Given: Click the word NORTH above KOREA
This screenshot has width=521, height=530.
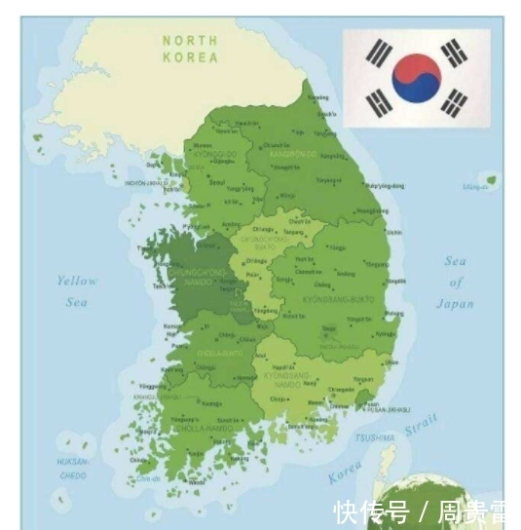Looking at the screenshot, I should (190, 40).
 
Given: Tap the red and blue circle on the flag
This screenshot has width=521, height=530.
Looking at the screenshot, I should (417, 78).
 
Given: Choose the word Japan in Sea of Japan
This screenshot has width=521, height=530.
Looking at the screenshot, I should (455, 304).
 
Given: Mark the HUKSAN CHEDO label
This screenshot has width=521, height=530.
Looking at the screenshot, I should (71, 469).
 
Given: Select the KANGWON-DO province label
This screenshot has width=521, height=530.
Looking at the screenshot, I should (293, 154).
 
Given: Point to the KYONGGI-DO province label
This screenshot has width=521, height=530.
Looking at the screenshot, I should (215, 154).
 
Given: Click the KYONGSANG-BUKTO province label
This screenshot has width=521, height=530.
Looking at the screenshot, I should (338, 299).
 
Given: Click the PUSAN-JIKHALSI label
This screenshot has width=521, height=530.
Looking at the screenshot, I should (388, 410).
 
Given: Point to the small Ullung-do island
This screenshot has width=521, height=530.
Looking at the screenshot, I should (491, 180).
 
